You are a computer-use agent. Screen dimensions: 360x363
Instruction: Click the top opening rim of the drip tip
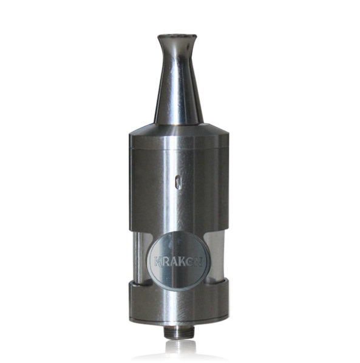[x=177, y=36]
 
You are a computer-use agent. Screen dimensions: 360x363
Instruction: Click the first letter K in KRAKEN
[x=158, y=262]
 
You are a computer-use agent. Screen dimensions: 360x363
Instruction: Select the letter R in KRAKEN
[x=166, y=262]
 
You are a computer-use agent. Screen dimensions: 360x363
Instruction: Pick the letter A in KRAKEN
[x=175, y=262]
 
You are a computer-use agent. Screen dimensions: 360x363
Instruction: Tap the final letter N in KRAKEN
[x=199, y=262]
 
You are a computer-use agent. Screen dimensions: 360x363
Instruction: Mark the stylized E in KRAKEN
[x=191, y=262]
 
